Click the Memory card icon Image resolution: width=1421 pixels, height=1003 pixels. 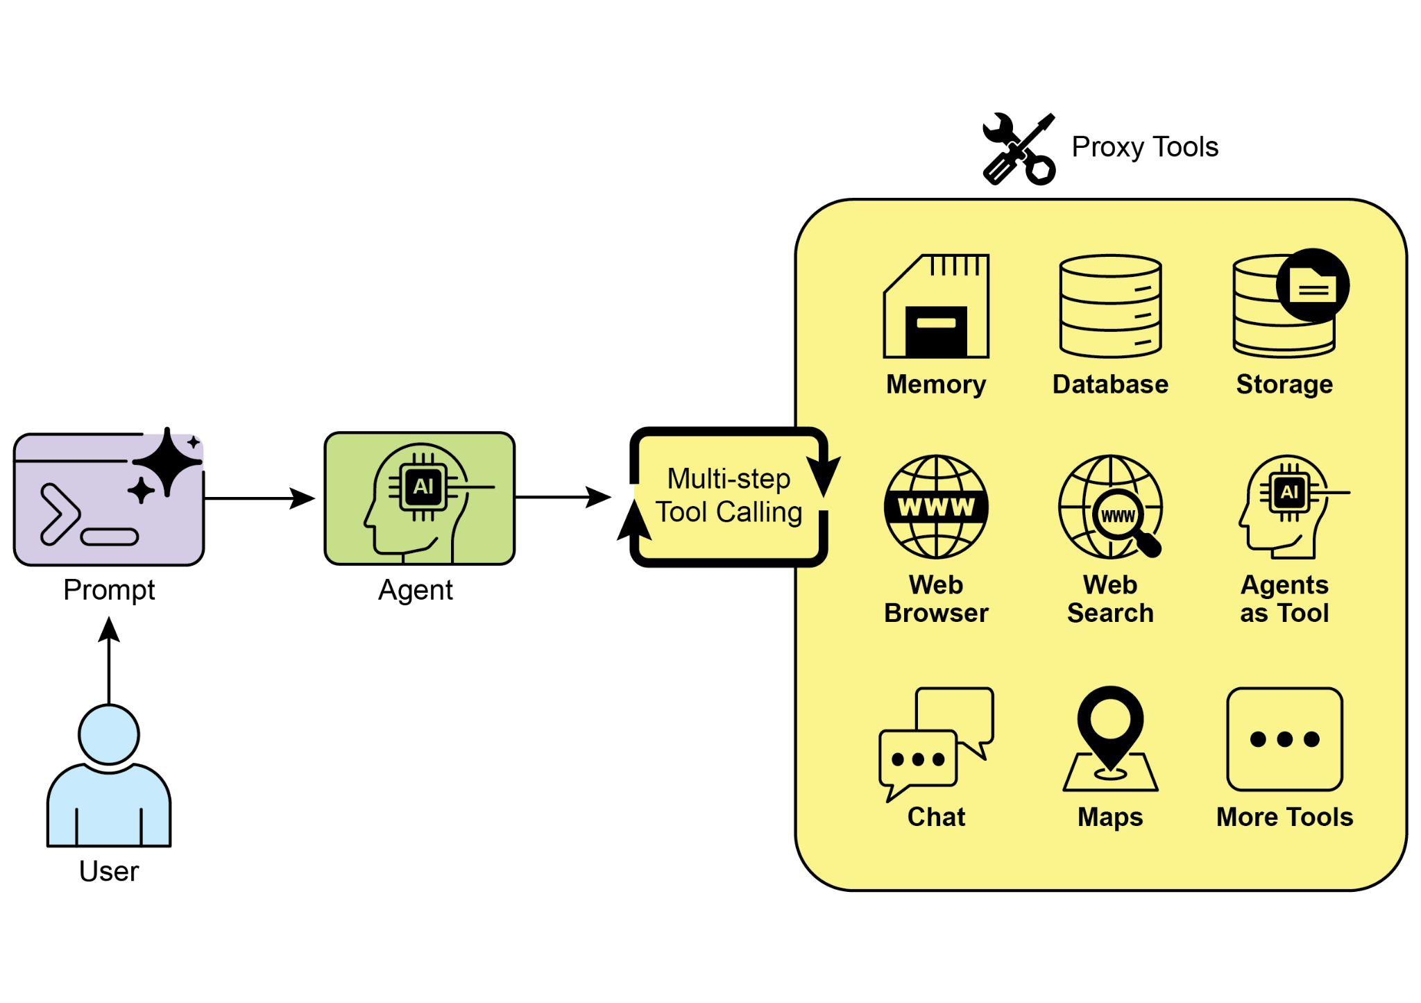(x=936, y=307)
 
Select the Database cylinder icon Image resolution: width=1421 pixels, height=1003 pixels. (x=1110, y=307)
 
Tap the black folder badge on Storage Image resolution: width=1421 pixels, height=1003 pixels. (x=1312, y=285)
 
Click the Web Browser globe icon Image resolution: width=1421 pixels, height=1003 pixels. (x=936, y=507)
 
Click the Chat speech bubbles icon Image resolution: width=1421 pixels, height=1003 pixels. (x=936, y=743)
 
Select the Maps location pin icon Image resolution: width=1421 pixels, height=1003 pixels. (x=1110, y=729)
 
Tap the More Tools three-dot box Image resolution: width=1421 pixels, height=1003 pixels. (x=1284, y=739)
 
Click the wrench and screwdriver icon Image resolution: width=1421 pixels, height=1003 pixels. (x=1019, y=149)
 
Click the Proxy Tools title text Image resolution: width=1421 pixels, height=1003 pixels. (x=1145, y=147)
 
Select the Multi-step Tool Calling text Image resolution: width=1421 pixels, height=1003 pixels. (x=729, y=496)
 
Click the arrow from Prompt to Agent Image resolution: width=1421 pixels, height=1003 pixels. (x=259, y=498)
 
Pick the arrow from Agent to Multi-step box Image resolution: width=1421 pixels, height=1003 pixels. (x=563, y=497)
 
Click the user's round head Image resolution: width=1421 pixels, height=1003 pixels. (x=109, y=734)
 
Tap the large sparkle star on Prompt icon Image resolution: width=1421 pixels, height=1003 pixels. (x=167, y=461)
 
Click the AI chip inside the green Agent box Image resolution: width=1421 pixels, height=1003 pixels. (x=423, y=487)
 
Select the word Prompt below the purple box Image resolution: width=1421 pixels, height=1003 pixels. (x=109, y=590)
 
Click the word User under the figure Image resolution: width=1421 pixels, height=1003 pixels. (x=109, y=871)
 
